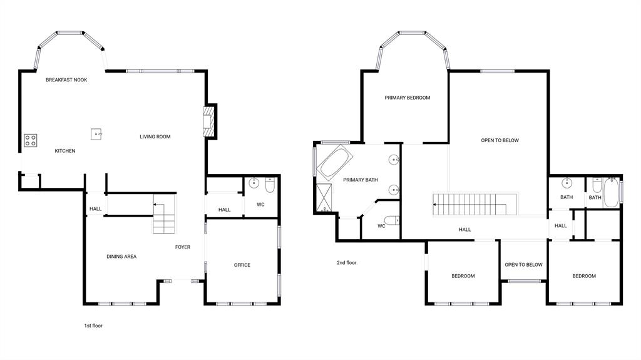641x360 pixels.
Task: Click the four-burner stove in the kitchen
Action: click(x=30, y=141)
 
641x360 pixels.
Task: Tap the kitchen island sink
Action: click(x=96, y=133)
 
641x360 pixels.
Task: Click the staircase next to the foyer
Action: click(x=163, y=215)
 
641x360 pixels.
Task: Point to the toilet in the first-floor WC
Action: click(x=270, y=186)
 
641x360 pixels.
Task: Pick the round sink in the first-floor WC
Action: click(x=254, y=183)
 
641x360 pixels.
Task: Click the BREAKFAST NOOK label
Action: click(x=66, y=80)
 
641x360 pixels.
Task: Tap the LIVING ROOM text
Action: click(x=155, y=136)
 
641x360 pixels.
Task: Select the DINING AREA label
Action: click(x=121, y=257)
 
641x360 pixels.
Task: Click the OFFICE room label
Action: click(x=242, y=265)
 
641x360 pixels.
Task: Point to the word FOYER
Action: click(x=182, y=247)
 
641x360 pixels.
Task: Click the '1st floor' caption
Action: click(x=93, y=326)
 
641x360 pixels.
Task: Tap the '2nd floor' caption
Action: click(x=346, y=263)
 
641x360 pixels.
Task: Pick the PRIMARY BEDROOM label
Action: click(x=408, y=98)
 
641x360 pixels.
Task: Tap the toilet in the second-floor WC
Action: click(x=391, y=220)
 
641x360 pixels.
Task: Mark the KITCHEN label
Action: click(x=65, y=151)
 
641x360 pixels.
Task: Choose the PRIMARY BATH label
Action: click(x=361, y=180)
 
